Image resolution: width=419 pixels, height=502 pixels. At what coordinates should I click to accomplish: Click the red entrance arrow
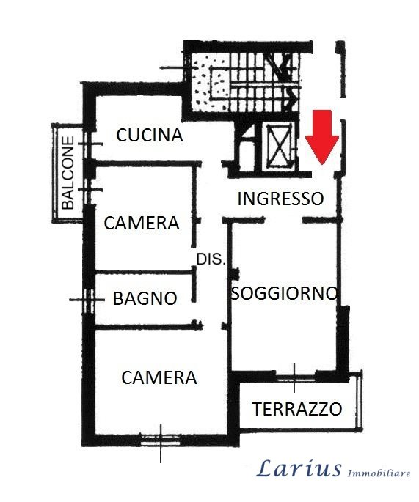point(322,137)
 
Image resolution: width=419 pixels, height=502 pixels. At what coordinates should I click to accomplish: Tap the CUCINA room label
point(150,135)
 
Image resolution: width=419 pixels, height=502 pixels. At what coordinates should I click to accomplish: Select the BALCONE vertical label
point(68,173)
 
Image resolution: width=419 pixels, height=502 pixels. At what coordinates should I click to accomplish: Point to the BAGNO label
point(145,298)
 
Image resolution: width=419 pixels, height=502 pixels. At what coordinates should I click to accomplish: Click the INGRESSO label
point(280,199)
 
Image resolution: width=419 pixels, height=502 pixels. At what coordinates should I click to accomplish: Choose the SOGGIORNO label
point(284,292)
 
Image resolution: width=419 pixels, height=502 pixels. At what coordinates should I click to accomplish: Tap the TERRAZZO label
point(297,409)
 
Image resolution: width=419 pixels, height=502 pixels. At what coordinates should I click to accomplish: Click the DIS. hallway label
point(211,259)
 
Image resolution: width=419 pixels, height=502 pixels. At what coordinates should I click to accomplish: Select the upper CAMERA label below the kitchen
point(142,223)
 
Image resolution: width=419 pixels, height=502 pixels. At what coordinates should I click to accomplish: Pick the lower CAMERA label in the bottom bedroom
point(159,377)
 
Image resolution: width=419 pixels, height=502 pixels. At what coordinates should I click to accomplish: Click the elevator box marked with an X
point(280,146)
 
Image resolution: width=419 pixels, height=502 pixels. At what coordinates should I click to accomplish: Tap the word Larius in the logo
point(299,468)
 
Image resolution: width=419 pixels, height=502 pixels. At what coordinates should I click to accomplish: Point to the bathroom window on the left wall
point(87,300)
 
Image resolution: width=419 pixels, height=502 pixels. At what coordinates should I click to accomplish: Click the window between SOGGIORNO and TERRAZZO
point(294,377)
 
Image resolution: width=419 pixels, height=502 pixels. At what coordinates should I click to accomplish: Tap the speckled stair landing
point(209,83)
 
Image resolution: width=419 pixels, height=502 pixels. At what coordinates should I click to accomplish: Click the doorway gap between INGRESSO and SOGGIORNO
point(284,220)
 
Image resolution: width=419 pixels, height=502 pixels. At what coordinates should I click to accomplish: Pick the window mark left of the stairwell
point(173,67)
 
